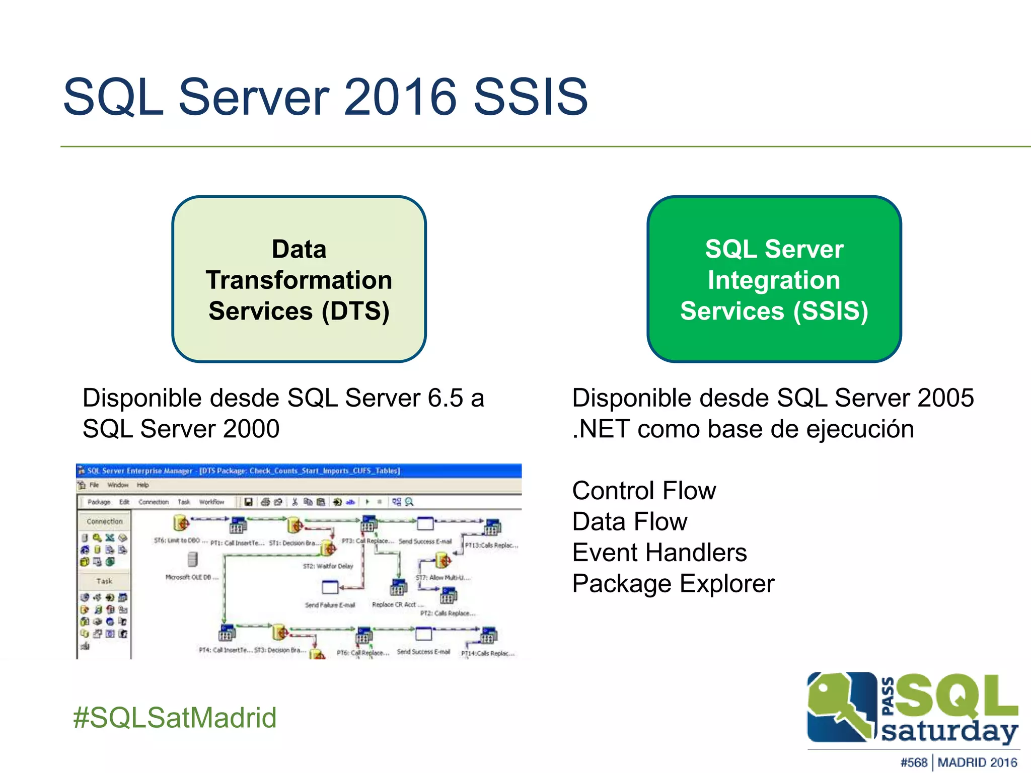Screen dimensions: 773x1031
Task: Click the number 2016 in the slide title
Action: tap(401, 97)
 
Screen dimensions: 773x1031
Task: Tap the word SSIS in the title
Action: tap(531, 97)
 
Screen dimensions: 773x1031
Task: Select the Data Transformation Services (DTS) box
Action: tap(299, 279)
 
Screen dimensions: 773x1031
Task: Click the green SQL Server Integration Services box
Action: tap(774, 279)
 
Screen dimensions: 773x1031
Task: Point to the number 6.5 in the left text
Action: tap(445, 398)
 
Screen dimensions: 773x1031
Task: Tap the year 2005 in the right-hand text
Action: tap(945, 398)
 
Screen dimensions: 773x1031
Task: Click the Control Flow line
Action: tap(644, 491)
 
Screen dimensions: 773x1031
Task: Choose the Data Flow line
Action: tap(630, 522)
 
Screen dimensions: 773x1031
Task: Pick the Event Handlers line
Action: tap(659, 553)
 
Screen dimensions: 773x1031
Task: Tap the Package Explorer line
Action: tap(673, 584)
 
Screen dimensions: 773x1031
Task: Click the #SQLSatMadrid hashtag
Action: tap(175, 718)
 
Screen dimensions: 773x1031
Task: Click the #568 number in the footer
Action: tap(914, 762)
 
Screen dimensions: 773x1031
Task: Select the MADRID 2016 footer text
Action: tap(977, 762)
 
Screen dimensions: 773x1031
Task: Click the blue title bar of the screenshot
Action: tap(298, 471)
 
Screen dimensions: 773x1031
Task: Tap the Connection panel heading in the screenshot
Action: tap(104, 521)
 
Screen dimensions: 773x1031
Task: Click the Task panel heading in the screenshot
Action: tap(104, 581)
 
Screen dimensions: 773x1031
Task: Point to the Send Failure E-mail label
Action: tap(330, 605)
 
